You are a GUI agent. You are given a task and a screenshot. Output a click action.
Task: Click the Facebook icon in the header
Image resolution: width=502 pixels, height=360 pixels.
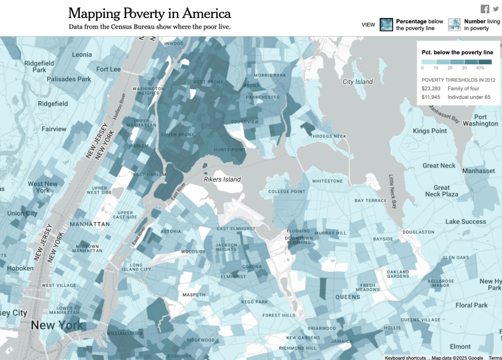pyautogui.click(x=485, y=8)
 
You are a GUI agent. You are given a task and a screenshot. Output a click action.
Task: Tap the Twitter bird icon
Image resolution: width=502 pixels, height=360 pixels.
pyautogui.click(x=496, y=8)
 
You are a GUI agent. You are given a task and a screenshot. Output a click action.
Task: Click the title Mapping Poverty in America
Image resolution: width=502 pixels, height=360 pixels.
pyautogui.click(x=150, y=13)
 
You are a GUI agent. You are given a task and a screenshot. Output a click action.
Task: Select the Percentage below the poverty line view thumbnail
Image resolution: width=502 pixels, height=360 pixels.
pyautogui.click(x=386, y=25)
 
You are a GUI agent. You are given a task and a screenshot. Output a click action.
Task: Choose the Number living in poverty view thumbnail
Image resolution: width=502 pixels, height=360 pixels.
pyautogui.click(x=455, y=25)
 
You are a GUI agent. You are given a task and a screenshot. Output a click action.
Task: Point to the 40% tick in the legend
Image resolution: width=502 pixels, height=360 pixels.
pyautogui.click(x=480, y=68)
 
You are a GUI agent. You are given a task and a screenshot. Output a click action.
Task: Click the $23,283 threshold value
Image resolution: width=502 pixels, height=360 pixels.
pyautogui.click(x=431, y=88)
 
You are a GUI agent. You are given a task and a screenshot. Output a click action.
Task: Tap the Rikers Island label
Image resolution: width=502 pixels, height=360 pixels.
pyautogui.click(x=223, y=179)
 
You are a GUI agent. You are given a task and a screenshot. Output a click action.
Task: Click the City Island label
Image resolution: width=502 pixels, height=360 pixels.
pyautogui.click(x=357, y=82)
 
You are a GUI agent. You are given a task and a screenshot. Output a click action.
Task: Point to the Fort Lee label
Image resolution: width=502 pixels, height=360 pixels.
pyautogui.click(x=108, y=69)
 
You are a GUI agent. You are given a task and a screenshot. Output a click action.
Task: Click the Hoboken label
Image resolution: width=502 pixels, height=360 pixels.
pyautogui.click(x=20, y=268)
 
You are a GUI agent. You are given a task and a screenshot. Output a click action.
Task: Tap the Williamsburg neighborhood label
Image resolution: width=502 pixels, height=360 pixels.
pyautogui.click(x=124, y=332)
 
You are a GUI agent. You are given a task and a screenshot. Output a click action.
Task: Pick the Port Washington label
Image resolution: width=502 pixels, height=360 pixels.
pyautogui.click(x=480, y=121)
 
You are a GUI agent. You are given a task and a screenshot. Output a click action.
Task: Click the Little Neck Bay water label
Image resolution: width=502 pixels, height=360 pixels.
pyautogui.click(x=393, y=192)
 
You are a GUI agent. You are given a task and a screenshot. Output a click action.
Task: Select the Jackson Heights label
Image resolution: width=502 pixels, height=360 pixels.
pyautogui.click(x=226, y=248)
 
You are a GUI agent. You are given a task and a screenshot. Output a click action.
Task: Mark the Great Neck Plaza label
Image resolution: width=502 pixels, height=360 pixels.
pyautogui.click(x=441, y=191)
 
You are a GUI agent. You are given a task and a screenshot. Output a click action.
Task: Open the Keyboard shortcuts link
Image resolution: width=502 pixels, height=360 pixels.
pyautogui.click(x=405, y=358)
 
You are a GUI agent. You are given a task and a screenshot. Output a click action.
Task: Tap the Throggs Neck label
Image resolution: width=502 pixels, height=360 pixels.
pyautogui.click(x=327, y=136)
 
